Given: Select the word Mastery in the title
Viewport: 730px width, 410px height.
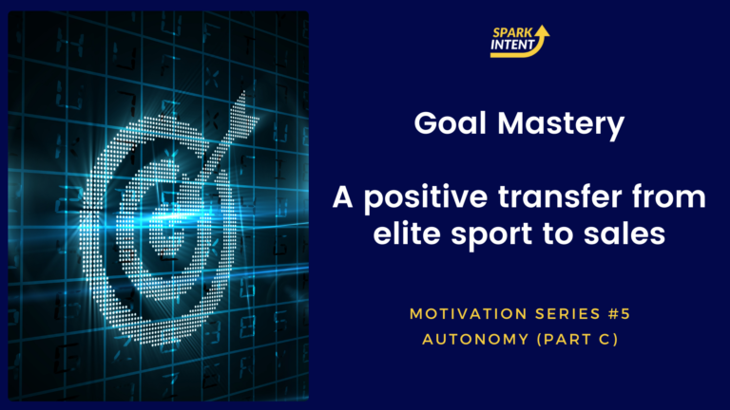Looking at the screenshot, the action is tap(561, 125).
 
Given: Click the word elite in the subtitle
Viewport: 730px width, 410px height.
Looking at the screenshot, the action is tap(407, 233).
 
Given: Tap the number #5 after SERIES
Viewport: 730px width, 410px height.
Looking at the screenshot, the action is tap(619, 314).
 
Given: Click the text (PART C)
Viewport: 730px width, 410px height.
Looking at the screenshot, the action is tap(577, 340).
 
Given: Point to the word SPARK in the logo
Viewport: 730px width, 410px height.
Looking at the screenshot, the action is tap(512, 32).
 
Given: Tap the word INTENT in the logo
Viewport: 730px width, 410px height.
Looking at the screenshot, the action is tap(512, 45).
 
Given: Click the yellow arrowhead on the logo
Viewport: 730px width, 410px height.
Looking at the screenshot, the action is tap(542, 30).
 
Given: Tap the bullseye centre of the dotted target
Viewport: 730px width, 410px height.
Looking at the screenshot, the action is tap(170, 231).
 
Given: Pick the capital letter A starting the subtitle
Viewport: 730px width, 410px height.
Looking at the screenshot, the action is tap(342, 196).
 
